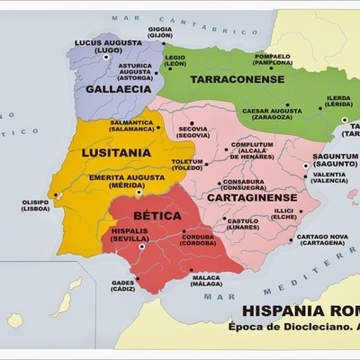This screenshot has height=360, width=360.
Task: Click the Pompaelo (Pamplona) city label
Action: click(x=273, y=59)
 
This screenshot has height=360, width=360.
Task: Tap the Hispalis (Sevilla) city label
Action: click(x=130, y=236)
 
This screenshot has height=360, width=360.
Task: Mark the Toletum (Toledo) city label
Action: click(x=188, y=165)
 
